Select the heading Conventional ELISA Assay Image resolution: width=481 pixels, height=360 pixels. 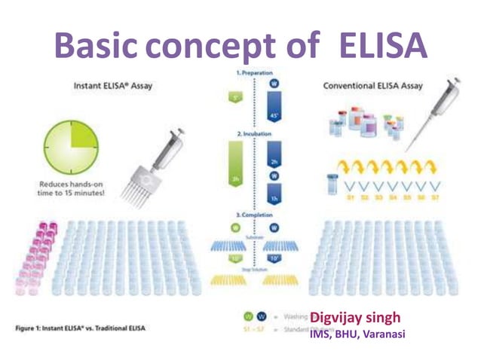tap(373, 86)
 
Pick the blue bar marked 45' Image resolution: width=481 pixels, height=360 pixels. tap(274, 104)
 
